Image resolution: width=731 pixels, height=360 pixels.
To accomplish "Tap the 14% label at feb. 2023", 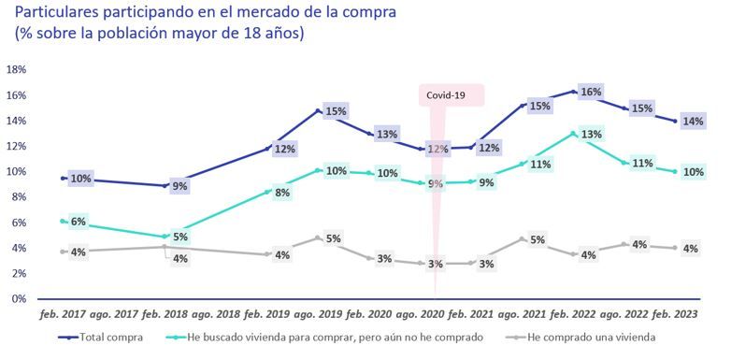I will click(x=693, y=122).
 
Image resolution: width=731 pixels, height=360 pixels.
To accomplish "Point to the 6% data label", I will click(x=79, y=222).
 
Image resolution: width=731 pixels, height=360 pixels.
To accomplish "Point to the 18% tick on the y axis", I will click(x=16, y=70).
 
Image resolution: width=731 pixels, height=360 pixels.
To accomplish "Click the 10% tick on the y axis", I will click(x=16, y=172).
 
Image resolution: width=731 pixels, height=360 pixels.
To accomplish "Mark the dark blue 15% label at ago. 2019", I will click(x=336, y=111).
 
